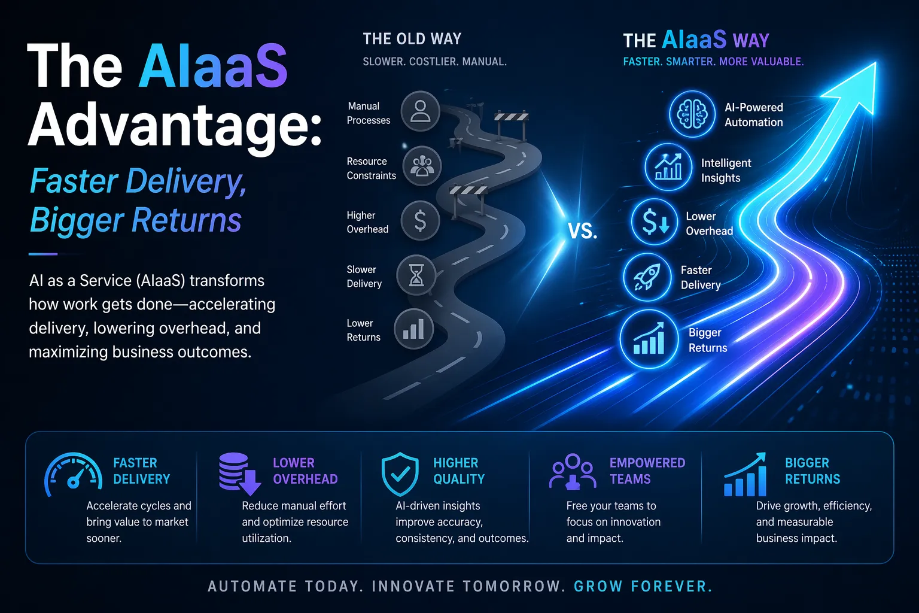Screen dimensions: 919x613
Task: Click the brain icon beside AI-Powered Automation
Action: pos(692,114)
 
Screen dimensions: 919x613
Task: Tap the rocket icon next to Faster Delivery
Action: pos(647,277)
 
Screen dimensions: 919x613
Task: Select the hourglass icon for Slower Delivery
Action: pos(416,275)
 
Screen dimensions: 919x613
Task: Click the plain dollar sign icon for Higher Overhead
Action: pos(420,220)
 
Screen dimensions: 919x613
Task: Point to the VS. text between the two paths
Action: pos(583,230)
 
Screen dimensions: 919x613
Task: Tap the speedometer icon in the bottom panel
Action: pos(73,475)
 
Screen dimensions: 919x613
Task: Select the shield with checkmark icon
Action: pos(400,474)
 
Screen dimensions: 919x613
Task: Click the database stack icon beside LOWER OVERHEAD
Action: pos(239,474)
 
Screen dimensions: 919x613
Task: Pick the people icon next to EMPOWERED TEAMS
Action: pos(573,472)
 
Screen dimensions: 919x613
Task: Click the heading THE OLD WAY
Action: pos(412,39)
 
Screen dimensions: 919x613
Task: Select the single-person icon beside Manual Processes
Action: pos(420,111)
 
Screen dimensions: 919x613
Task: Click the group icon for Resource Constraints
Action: pos(422,166)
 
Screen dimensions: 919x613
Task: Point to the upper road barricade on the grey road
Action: pos(511,125)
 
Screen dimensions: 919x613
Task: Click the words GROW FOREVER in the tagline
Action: pos(643,586)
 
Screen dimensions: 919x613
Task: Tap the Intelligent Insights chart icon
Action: pos(668,167)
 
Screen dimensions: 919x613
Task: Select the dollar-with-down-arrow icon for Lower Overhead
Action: pos(655,221)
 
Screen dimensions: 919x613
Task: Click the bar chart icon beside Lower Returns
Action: pos(413,329)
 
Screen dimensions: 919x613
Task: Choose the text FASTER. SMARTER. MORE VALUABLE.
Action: pos(713,62)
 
